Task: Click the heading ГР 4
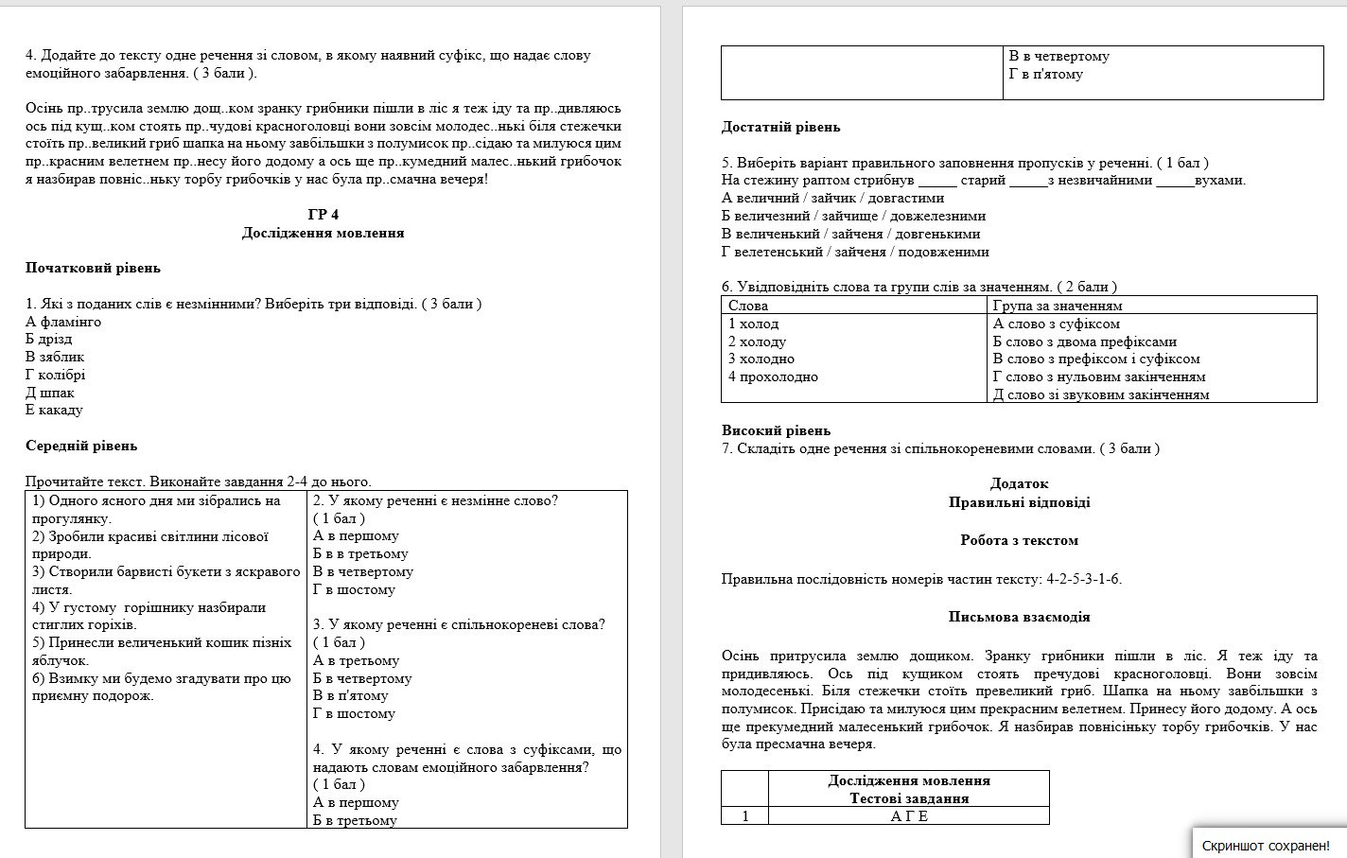point(323,215)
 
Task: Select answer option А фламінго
point(63,322)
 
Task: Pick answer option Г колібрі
point(56,375)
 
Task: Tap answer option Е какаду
point(54,410)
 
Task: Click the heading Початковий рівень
point(93,268)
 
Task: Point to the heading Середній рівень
point(81,446)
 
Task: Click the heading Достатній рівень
point(780,127)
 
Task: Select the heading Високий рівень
point(776,430)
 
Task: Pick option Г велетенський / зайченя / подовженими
point(855,252)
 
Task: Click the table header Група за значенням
point(1058,306)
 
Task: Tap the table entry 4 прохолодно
point(773,376)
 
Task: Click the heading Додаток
point(1019,484)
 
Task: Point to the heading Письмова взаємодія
point(1019,617)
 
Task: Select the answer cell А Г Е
point(909,816)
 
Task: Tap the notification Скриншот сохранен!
point(1265,845)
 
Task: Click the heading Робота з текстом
point(1019,540)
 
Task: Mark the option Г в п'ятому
point(1045,74)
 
